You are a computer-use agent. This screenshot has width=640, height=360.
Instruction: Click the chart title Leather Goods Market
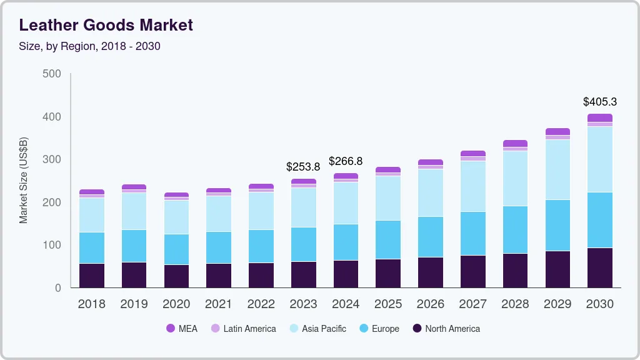106,25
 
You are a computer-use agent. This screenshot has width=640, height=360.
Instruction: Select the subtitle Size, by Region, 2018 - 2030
90,46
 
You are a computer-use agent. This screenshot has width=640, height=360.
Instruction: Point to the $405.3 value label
600,102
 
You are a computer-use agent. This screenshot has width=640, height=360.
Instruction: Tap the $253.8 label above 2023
303,167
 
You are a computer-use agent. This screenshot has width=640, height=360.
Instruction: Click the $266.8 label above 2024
346,162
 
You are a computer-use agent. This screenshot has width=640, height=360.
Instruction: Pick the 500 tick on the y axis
52,74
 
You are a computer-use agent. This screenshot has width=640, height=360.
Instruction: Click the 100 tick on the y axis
52,245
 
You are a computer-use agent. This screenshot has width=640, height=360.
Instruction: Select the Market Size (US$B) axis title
24,181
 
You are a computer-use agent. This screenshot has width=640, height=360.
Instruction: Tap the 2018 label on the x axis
91,304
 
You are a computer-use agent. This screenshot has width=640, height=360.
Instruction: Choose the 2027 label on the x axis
472,304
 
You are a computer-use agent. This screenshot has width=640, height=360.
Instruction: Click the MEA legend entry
182,329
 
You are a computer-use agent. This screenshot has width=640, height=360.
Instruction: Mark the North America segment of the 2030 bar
600,268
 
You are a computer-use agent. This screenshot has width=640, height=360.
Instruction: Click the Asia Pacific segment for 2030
600,159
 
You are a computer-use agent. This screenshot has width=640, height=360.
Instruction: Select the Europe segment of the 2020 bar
176,249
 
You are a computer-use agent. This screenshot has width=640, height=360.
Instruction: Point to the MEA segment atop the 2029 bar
557,131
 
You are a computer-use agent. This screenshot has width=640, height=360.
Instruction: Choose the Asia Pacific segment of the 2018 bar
92,215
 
